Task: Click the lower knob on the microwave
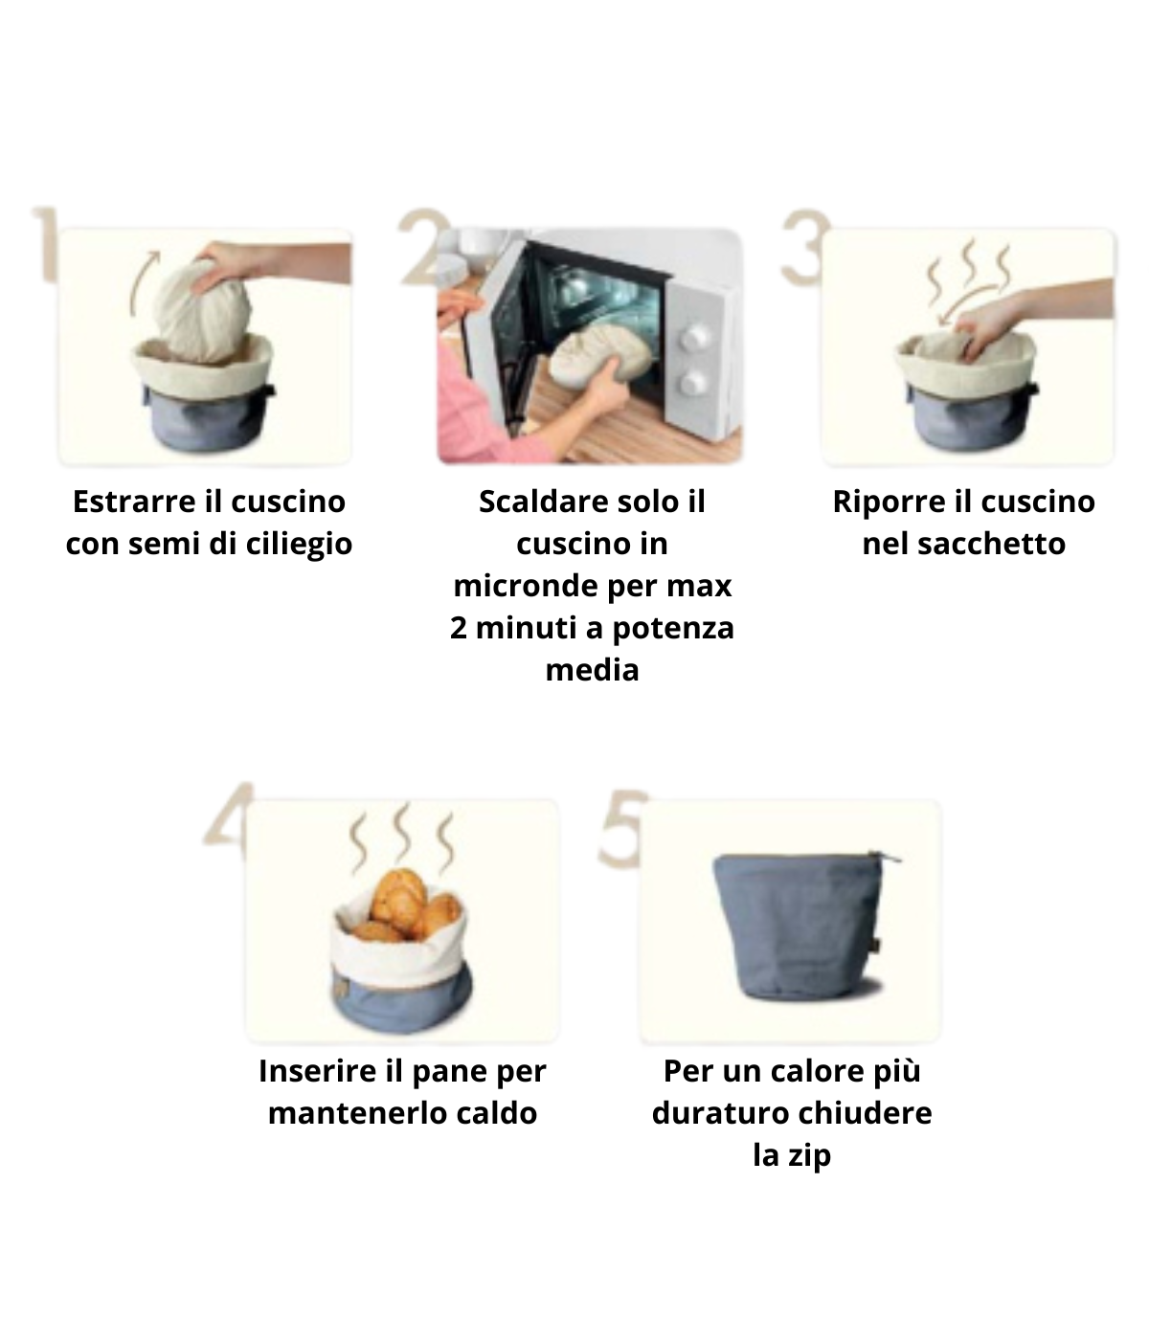693,382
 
